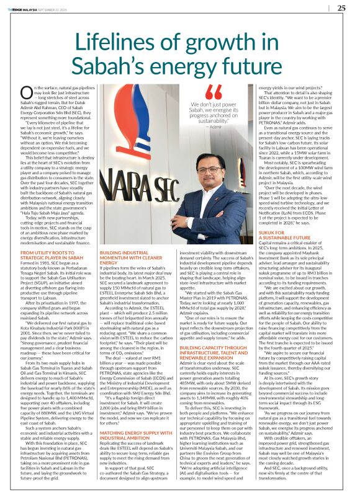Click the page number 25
pyautogui.click(x=341, y=7)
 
